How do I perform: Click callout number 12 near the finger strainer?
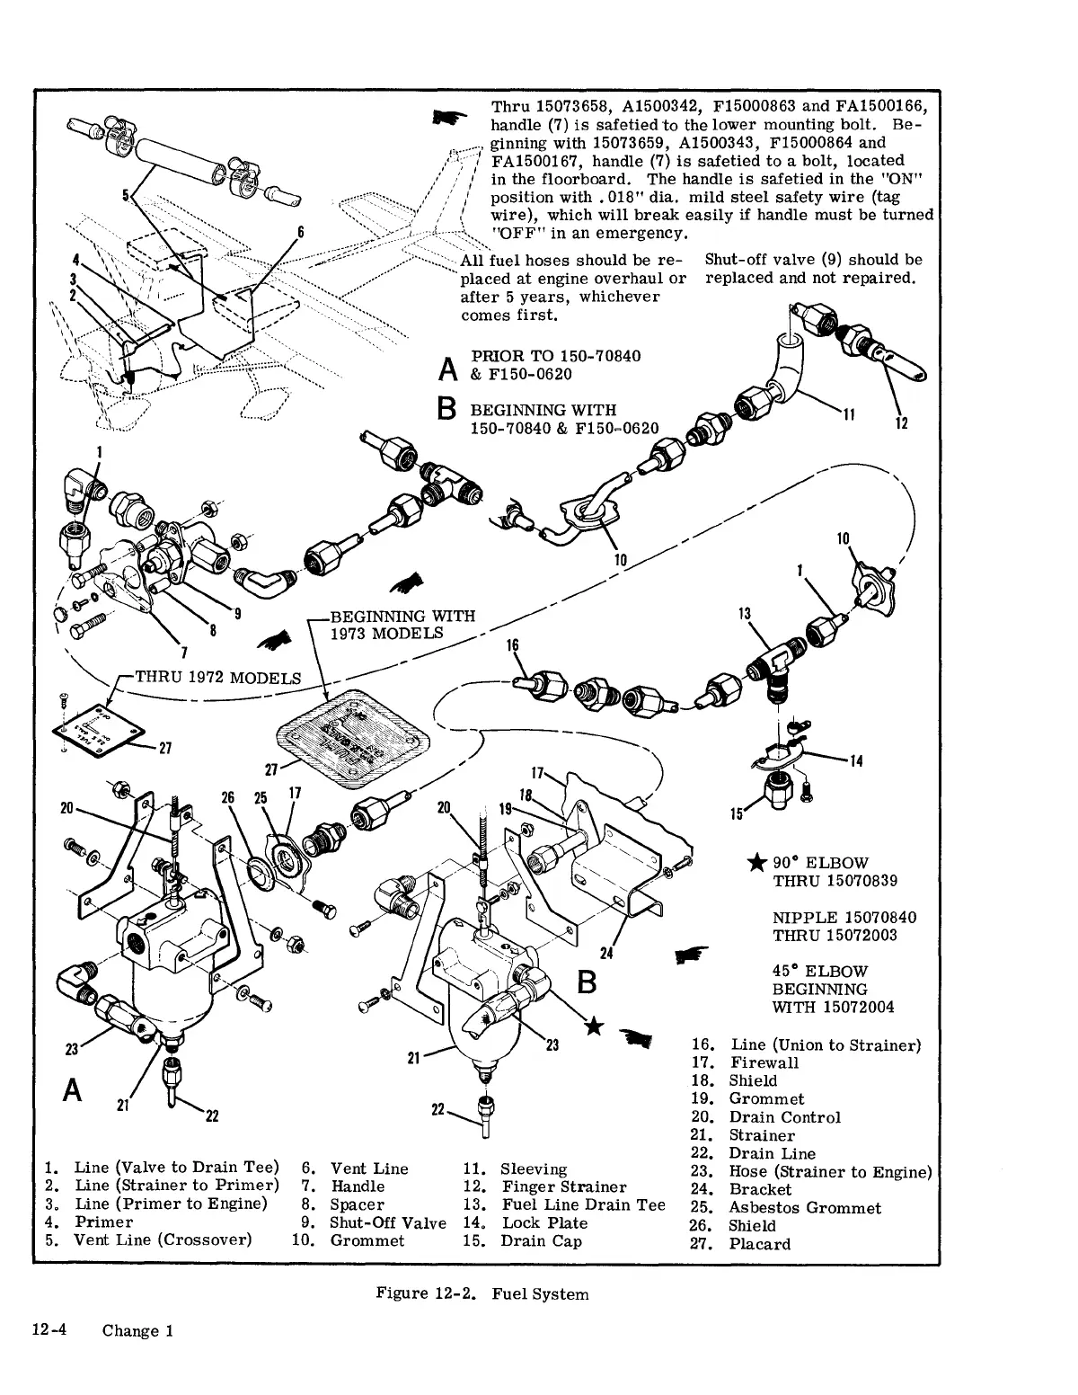[x=901, y=423]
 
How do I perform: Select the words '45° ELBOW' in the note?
[x=808, y=971]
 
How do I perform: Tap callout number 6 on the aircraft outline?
[x=303, y=233]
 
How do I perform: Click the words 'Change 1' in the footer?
[x=137, y=1331]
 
